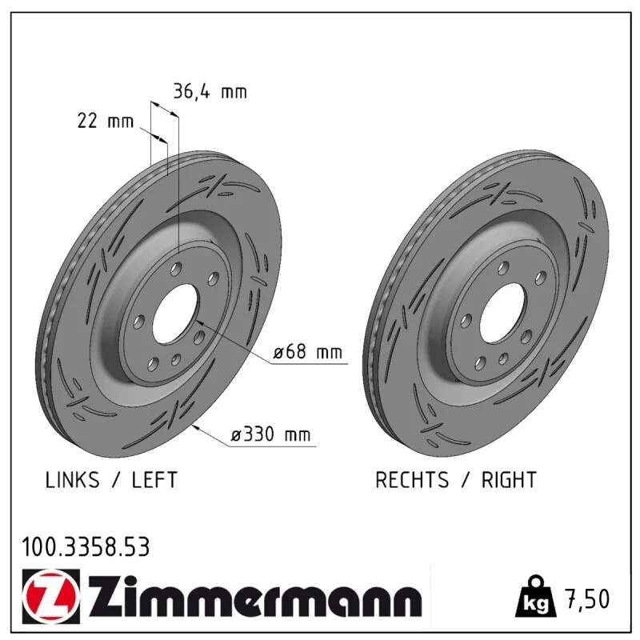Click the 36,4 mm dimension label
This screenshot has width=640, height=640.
(210, 91)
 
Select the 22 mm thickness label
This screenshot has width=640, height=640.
(106, 121)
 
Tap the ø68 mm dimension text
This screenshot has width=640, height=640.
(308, 351)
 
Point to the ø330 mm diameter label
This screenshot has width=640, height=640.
(270, 434)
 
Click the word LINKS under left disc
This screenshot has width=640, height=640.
(72, 479)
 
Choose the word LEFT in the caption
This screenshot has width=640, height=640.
(154, 479)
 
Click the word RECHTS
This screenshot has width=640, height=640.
(412, 479)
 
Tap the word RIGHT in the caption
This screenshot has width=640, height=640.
(509, 479)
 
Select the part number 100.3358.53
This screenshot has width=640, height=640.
(86, 547)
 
